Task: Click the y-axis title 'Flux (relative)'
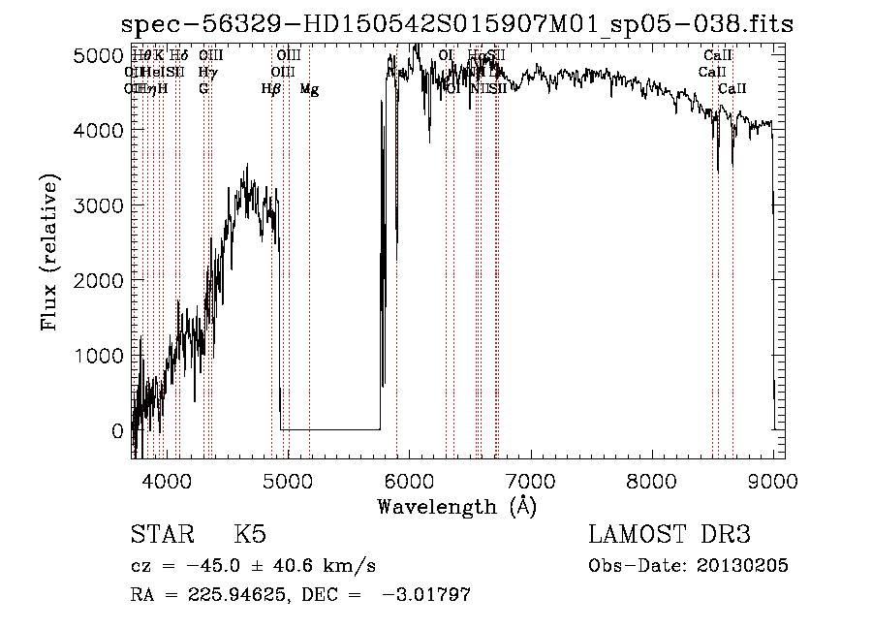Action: (49, 253)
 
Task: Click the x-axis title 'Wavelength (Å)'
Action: (456, 506)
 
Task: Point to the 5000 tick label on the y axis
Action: (98, 56)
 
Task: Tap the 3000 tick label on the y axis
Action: (98, 206)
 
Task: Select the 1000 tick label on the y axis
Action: (98, 357)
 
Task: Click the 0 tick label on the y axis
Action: (117, 431)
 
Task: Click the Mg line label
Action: (309, 89)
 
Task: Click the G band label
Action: (203, 89)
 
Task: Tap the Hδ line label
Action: (179, 56)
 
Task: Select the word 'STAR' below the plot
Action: (161, 536)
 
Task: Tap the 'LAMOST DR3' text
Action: (669, 536)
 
